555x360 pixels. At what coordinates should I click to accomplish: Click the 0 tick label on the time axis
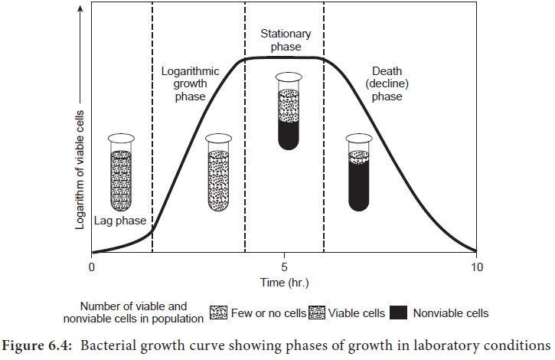[92, 267]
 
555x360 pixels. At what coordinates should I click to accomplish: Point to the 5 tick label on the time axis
[284, 267]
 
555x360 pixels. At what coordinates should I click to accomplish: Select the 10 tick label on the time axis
[476, 267]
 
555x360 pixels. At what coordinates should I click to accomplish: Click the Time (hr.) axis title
[284, 282]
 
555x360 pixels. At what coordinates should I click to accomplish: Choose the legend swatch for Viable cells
[317, 313]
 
